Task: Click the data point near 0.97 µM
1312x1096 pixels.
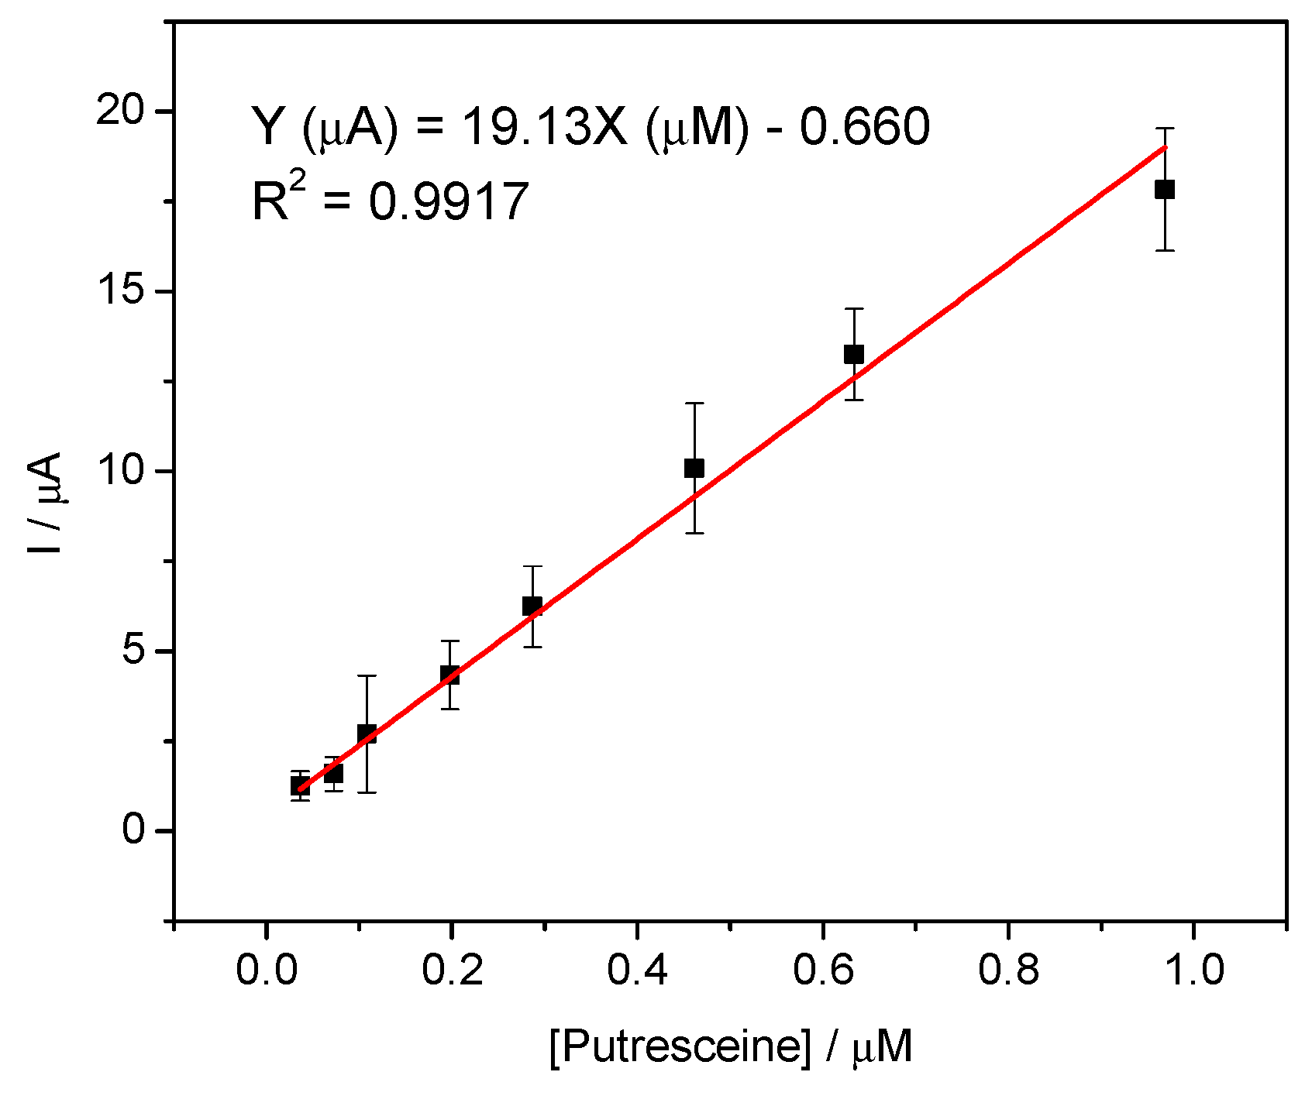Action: click(x=1164, y=189)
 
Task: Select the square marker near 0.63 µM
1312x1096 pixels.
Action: click(x=853, y=354)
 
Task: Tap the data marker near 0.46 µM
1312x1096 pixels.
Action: click(x=694, y=468)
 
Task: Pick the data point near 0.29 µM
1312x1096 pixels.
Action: click(x=532, y=606)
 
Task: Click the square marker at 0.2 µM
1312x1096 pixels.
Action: click(x=449, y=675)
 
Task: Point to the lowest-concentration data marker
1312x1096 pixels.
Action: click(x=300, y=785)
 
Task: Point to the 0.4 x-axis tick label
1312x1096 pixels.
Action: click(x=636, y=970)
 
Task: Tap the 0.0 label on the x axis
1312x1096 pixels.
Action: click(x=266, y=970)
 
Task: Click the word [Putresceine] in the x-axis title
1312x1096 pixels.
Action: click(x=680, y=1048)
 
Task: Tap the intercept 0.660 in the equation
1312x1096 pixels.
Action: click(x=864, y=126)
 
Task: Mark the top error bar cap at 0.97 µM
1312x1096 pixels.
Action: click(x=1164, y=128)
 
